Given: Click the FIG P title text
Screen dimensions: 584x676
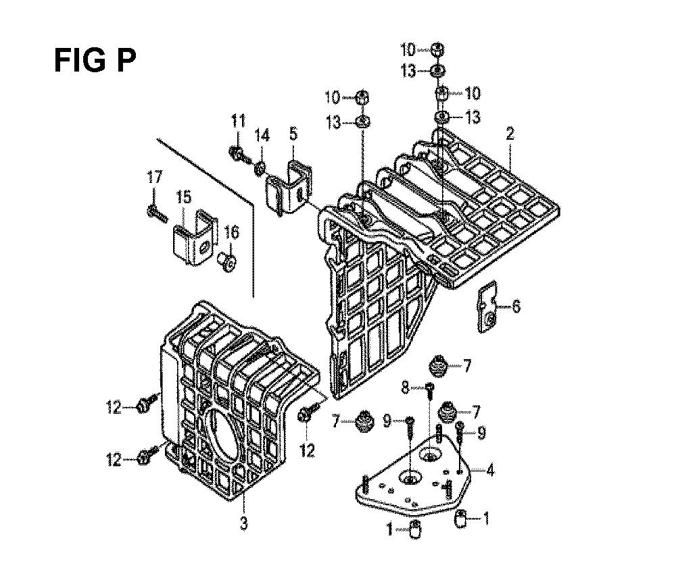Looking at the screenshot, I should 95,61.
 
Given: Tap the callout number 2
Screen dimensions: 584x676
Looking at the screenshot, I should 510,135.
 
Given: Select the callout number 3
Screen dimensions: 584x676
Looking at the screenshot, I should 244,522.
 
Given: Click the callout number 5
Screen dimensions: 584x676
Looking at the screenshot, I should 293,135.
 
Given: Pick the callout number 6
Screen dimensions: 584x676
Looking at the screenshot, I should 516,308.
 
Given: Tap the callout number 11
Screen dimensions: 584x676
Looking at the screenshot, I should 237,122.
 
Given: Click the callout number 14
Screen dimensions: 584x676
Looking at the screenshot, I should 262,136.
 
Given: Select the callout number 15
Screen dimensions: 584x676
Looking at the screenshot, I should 184,198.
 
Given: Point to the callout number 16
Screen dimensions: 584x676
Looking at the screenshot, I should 231,233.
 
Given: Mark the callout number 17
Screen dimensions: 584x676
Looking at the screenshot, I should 155,179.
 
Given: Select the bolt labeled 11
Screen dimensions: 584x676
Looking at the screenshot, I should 238,153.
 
